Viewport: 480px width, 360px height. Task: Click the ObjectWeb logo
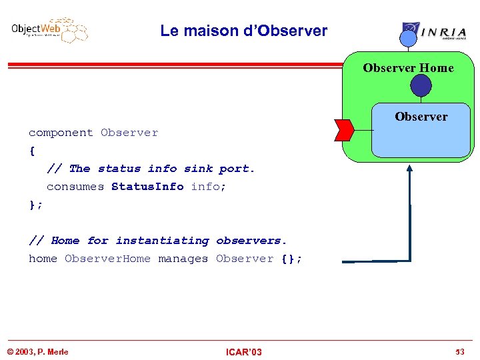pyautogui.click(x=49, y=30)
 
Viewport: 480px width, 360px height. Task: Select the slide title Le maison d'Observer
pyautogui.click(x=243, y=31)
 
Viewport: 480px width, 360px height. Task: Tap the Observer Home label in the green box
pyautogui.click(x=408, y=68)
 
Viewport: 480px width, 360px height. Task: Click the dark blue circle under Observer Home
pyautogui.click(x=421, y=85)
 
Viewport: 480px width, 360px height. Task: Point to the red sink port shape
pyautogui.click(x=344, y=129)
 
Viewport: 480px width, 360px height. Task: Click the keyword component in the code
pyautogui.click(x=61, y=133)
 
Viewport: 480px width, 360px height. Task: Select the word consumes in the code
pyautogui.click(x=75, y=187)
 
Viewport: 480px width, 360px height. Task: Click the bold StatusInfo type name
pyautogui.click(x=147, y=187)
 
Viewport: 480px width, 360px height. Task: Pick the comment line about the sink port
pyautogui.click(x=151, y=169)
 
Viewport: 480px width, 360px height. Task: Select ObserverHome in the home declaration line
pyautogui.click(x=107, y=259)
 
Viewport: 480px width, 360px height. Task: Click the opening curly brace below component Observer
pyautogui.click(x=31, y=151)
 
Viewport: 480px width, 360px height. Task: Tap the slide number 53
pyautogui.click(x=459, y=352)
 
